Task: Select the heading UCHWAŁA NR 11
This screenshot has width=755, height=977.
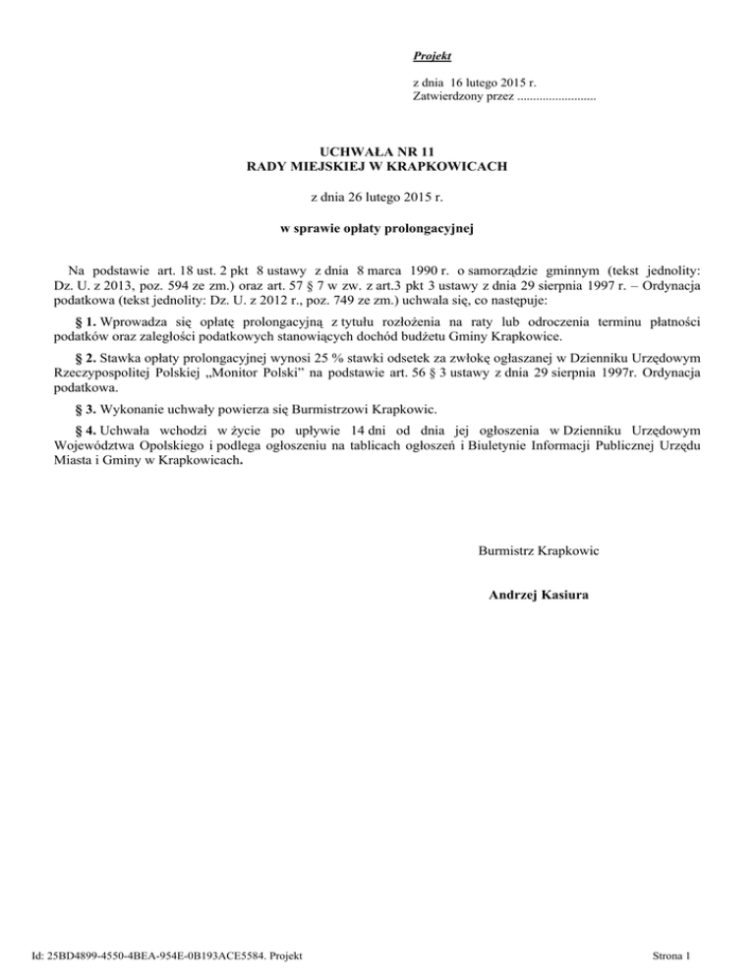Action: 377,152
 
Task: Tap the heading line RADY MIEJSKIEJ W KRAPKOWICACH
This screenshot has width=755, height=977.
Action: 377,167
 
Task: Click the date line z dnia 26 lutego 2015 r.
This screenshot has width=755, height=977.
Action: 377,199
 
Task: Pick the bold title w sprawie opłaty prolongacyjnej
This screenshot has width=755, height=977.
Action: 377,230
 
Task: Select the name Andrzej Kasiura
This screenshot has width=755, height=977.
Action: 539,594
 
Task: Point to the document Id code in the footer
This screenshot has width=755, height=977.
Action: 165,954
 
